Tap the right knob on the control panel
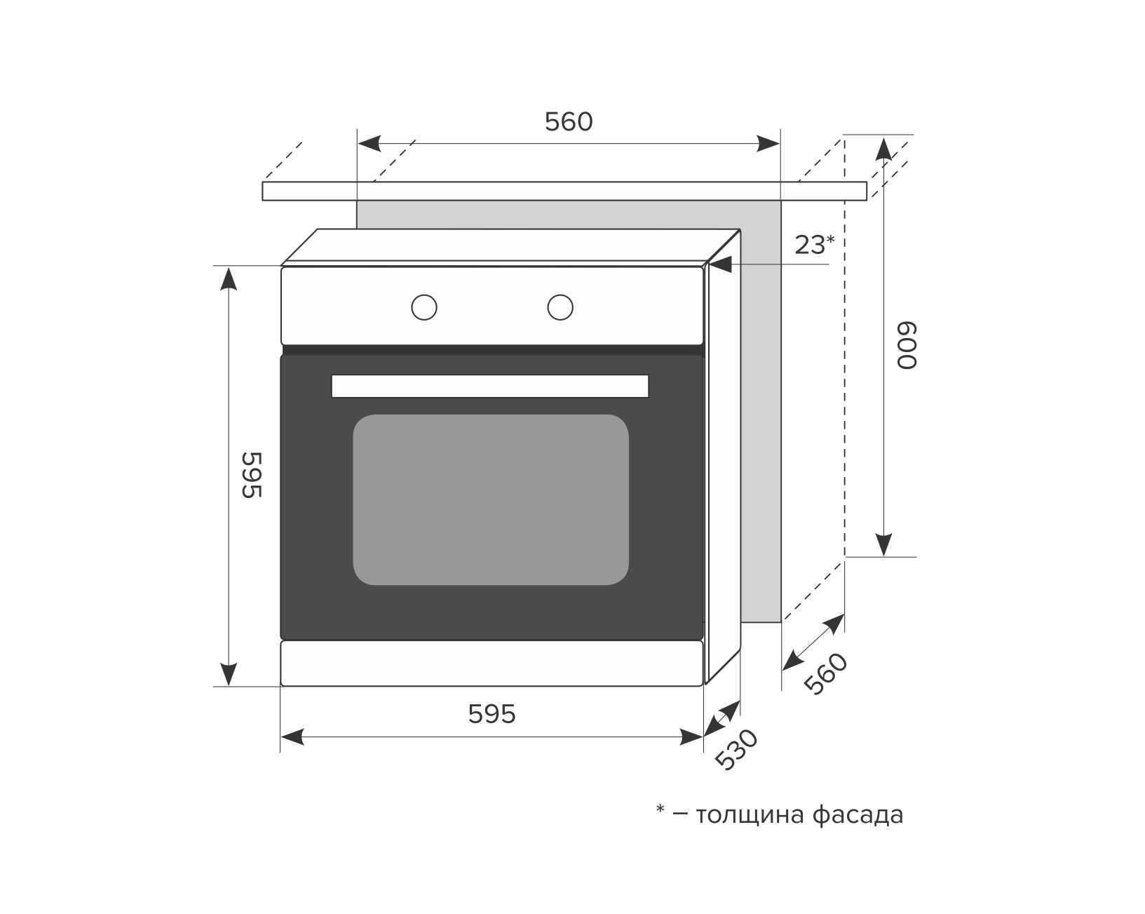coord(560,307)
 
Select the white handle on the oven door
coord(489,386)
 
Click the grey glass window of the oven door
coord(491,500)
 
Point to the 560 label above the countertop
coord(568,122)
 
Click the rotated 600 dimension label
coord(907,345)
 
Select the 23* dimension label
coord(815,244)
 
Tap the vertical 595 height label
coord(252,475)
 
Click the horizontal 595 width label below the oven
coord(492,714)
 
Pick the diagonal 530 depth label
coord(736,750)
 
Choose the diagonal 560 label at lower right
coord(825,673)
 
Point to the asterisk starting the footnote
coord(660,809)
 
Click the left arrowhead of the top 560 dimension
coord(370,143)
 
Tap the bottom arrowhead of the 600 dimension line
coord(883,544)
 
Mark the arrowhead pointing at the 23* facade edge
coord(720,264)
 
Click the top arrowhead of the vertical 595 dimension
coord(229,278)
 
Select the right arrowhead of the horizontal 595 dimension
coord(691,737)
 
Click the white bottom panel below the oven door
coord(492,664)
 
